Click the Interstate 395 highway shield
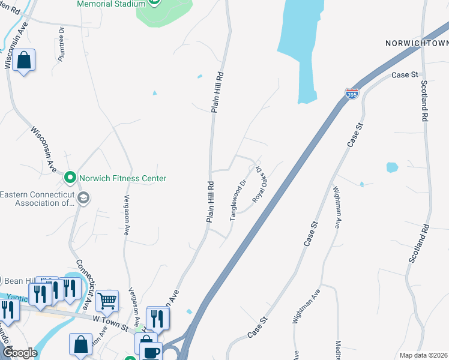coord(352,94)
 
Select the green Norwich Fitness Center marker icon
coord(70,178)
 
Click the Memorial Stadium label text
coord(111,4)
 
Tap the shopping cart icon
coord(107,300)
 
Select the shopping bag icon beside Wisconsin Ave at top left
coord(24,61)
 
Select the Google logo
coord(19,353)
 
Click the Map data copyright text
coord(423,355)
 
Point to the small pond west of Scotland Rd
coord(392,167)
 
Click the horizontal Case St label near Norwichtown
coord(404,75)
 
